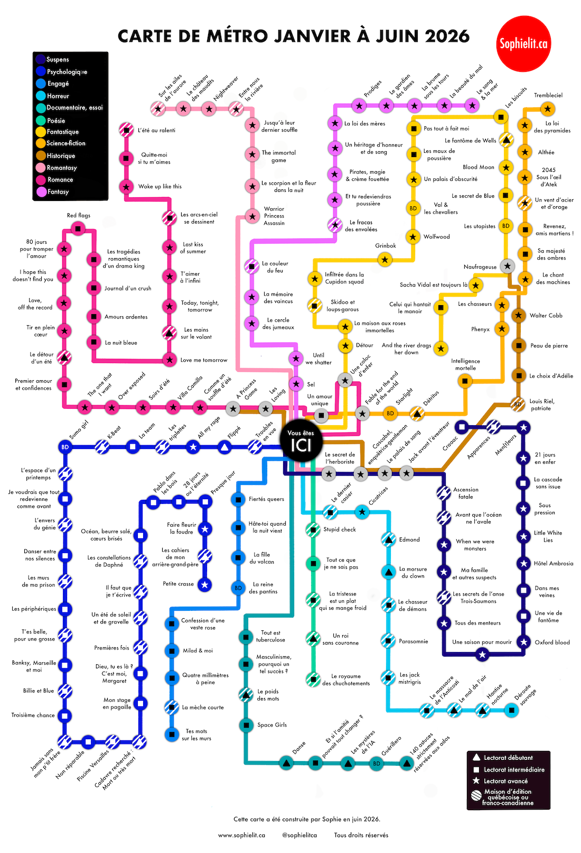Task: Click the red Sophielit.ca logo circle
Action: click(x=523, y=44)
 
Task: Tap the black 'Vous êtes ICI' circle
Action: click(x=301, y=442)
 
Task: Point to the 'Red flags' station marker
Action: click(x=78, y=229)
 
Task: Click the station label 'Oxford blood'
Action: click(x=552, y=642)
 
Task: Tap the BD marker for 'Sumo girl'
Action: click(x=65, y=447)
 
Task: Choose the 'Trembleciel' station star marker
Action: click(x=548, y=109)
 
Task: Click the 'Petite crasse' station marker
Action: click(x=205, y=584)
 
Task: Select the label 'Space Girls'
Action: click(x=272, y=724)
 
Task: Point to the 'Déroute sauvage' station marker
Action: click(x=511, y=710)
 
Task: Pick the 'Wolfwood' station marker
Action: click(x=413, y=236)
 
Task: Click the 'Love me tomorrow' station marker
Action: click(x=169, y=360)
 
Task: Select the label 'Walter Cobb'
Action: click(x=546, y=315)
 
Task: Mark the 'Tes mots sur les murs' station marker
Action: click(x=172, y=734)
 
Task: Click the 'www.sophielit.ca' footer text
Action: click(x=241, y=835)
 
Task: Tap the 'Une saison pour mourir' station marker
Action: click(x=482, y=655)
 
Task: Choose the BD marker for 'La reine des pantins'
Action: click(x=238, y=588)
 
